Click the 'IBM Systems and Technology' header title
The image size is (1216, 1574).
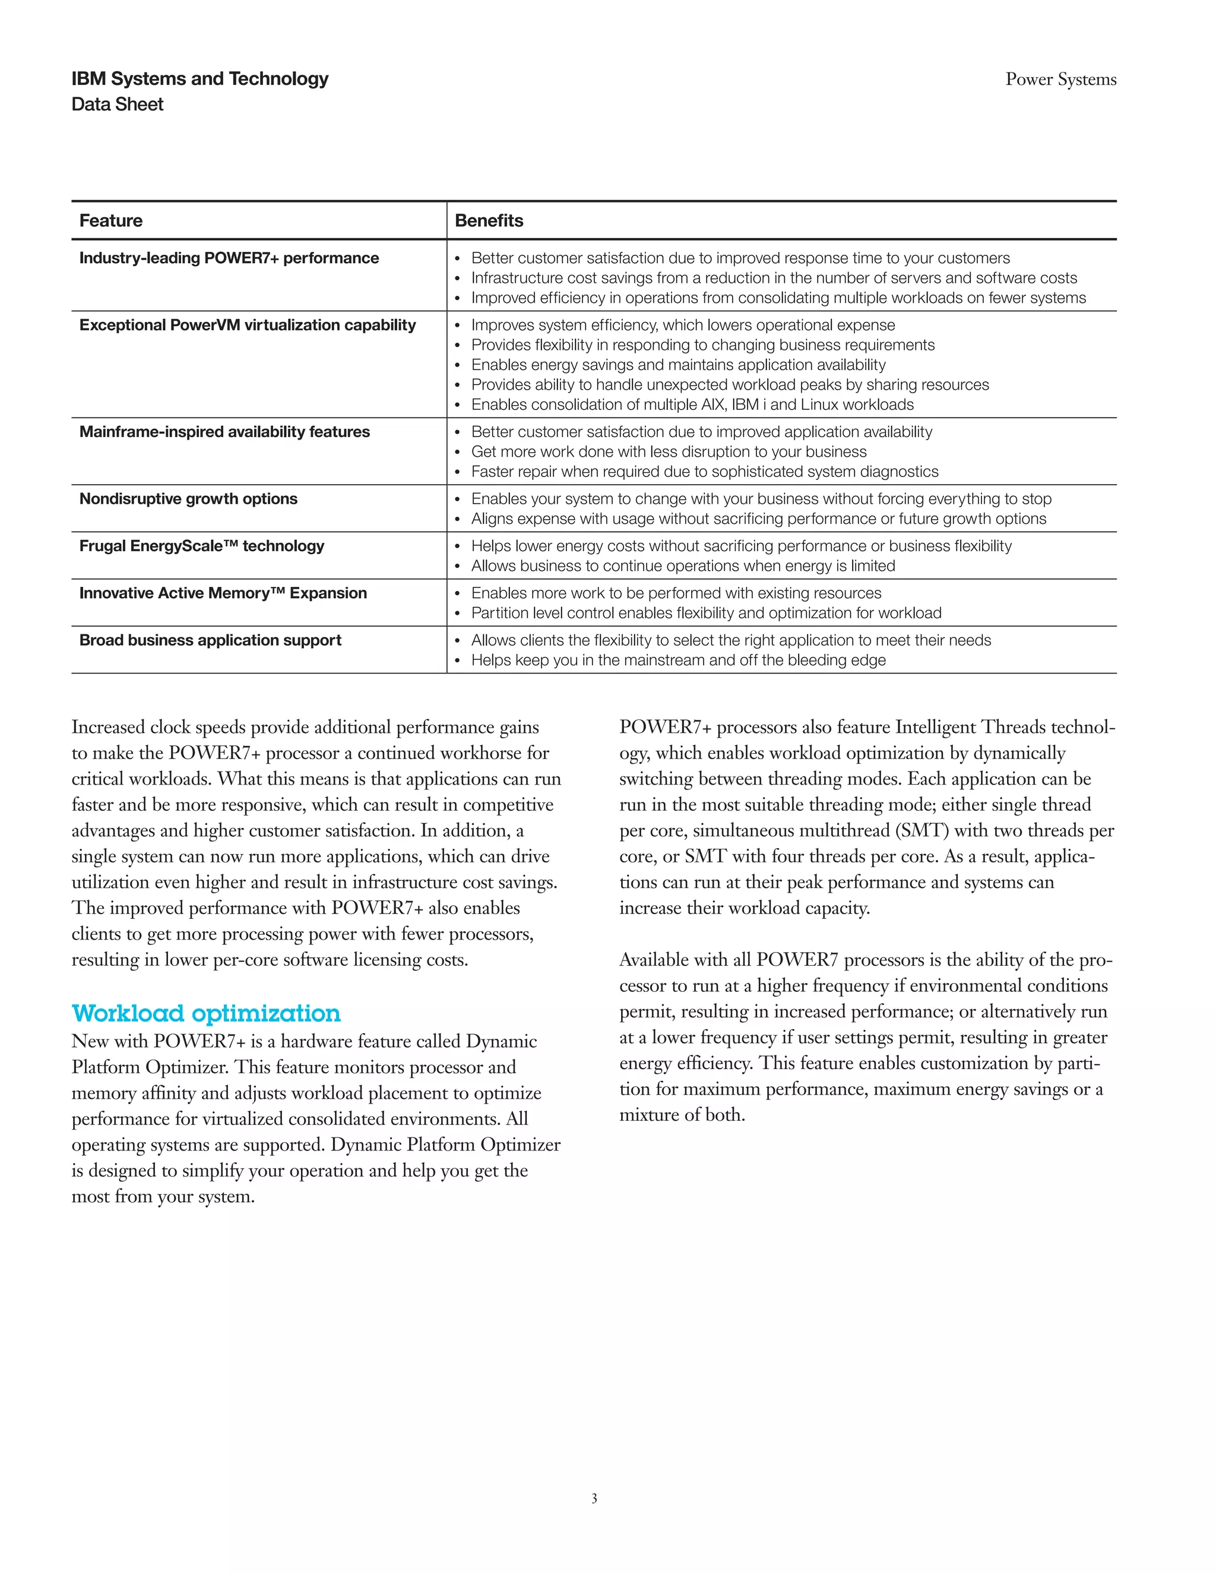[199, 78]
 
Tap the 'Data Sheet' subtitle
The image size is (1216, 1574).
[118, 105]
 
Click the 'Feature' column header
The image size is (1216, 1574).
[111, 220]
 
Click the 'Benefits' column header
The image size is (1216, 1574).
[489, 220]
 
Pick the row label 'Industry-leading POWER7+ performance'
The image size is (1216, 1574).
[229, 258]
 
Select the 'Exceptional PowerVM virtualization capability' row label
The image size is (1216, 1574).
[247, 325]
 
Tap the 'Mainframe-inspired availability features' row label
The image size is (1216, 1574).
[224, 432]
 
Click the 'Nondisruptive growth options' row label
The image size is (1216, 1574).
[188, 499]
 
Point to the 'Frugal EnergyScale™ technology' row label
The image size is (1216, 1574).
[202, 546]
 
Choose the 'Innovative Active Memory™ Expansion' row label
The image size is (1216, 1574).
[223, 593]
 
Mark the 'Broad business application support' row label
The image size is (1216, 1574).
[210, 640]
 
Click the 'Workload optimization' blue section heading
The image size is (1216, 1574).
[206, 1013]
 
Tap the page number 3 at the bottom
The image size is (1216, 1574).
[594, 1499]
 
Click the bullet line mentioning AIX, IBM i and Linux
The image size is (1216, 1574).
[692, 405]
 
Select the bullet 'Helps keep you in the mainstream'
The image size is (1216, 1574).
[678, 660]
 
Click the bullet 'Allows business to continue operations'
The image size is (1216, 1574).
[682, 565]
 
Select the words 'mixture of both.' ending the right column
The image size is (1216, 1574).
[682, 1115]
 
